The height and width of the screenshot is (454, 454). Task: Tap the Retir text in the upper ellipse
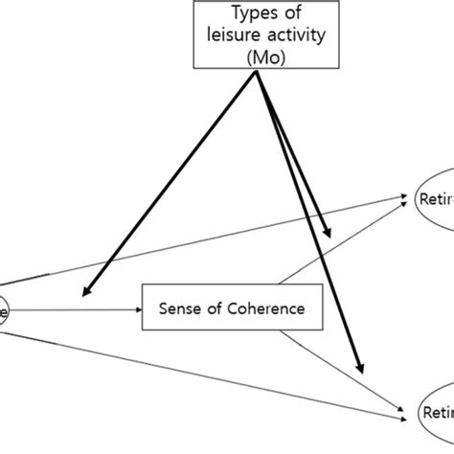[436, 200]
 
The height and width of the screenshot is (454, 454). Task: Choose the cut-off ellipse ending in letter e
[4, 309]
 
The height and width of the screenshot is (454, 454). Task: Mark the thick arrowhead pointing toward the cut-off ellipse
[89, 291]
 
